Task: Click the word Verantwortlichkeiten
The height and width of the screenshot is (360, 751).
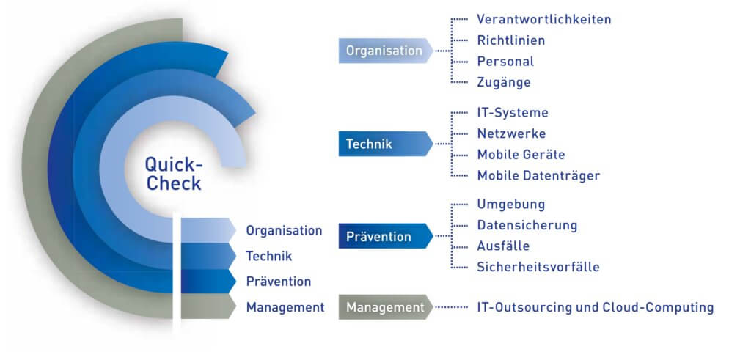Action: pos(543,19)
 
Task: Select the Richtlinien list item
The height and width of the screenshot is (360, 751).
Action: pos(511,40)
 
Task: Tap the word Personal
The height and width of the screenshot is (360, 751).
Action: pos(505,61)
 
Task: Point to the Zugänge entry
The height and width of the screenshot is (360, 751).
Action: pos(503,82)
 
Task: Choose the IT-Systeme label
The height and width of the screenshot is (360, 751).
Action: pos(513,113)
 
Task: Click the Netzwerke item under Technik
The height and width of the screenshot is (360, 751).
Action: pos(511,133)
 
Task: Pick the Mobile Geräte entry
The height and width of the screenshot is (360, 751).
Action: pos(521,155)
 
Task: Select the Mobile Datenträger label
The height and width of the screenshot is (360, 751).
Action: pos(538,176)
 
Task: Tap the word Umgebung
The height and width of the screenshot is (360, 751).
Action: pos(511,205)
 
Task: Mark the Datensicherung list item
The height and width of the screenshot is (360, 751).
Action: pos(527,225)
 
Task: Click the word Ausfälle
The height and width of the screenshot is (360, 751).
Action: pos(503,246)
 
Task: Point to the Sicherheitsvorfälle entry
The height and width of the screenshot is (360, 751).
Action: pos(538,267)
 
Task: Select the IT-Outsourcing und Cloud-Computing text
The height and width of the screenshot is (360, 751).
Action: pos(595,307)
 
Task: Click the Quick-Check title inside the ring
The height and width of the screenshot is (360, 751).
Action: pos(174,174)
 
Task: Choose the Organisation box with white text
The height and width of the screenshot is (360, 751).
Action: pos(384,51)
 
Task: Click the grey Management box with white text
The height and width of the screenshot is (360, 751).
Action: pos(384,307)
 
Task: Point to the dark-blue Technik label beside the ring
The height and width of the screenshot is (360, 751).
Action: pos(269,256)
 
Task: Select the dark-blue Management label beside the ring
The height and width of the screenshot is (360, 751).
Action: pos(285,307)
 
